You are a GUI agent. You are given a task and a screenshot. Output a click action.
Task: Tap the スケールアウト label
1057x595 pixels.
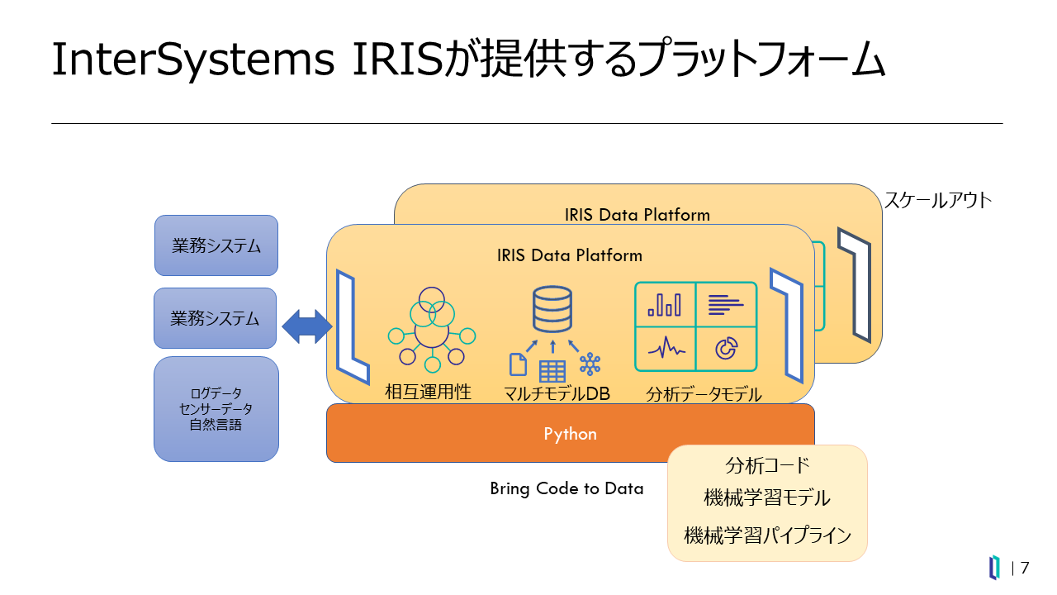(938, 200)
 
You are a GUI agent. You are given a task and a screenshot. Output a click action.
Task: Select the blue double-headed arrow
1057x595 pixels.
(306, 328)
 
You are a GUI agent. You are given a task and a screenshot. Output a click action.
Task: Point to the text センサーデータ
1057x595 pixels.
(216, 409)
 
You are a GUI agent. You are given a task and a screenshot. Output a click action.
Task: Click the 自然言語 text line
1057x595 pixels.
(216, 425)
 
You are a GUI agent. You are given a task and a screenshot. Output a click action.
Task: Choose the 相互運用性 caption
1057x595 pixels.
(428, 392)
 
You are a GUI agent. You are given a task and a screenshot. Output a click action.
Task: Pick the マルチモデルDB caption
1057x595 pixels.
(557, 394)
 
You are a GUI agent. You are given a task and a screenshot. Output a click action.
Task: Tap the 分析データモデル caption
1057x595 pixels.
(704, 394)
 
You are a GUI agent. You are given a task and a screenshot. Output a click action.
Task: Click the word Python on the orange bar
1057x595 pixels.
(570, 434)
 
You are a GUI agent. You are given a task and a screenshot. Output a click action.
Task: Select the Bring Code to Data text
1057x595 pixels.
(566, 488)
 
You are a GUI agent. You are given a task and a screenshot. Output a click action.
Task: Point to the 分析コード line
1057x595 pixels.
(767, 465)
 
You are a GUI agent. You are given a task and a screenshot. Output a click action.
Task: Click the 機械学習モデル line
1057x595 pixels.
(767, 498)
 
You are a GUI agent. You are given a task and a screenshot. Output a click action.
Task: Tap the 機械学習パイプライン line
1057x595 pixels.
(767, 535)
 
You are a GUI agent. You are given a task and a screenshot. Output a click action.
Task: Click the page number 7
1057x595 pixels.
(1025, 568)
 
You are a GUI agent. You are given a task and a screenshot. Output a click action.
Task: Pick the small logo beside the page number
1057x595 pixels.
(995, 568)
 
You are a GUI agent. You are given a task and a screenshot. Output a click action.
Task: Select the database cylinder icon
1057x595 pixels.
(552, 308)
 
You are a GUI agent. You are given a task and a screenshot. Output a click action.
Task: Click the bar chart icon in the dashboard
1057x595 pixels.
(665, 305)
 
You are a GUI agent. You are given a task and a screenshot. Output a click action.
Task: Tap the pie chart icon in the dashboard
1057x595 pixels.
(726, 349)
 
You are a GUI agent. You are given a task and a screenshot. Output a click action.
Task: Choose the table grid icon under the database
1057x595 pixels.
(552, 371)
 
